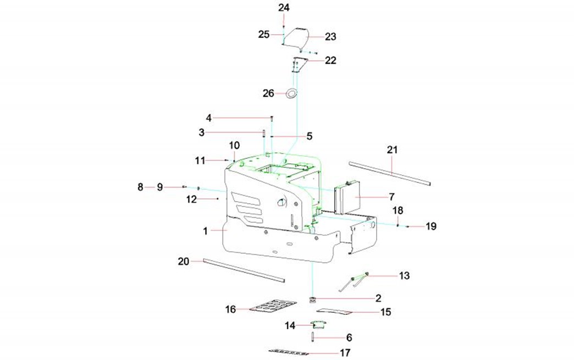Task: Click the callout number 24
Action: pyautogui.click(x=284, y=8)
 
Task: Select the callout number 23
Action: pyautogui.click(x=330, y=37)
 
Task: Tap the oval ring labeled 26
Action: pyautogui.click(x=291, y=93)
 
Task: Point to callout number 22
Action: pyautogui.click(x=330, y=60)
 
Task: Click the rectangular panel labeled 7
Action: pyautogui.click(x=347, y=197)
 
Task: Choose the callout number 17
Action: pyautogui.click(x=345, y=353)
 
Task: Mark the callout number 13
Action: pyautogui.click(x=404, y=276)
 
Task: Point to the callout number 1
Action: pyautogui.click(x=205, y=231)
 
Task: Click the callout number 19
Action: pyautogui.click(x=431, y=226)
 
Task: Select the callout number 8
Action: pyautogui.click(x=140, y=187)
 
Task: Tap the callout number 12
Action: pyautogui.click(x=191, y=200)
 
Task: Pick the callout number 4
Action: pyautogui.click(x=208, y=118)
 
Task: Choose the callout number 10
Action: pyautogui.click(x=234, y=145)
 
